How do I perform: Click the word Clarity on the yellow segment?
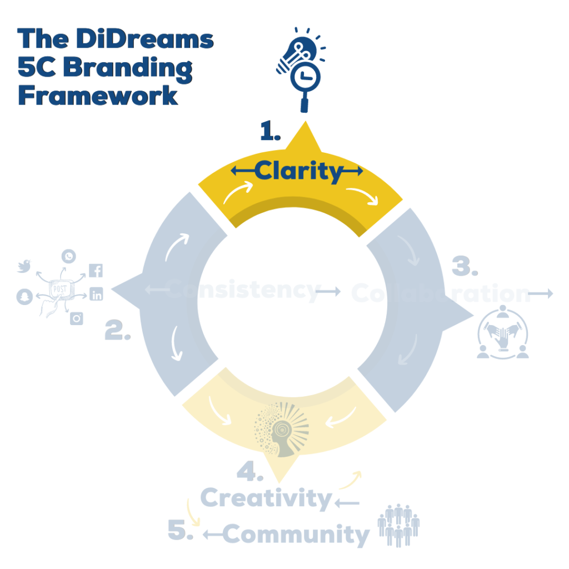pos(298,172)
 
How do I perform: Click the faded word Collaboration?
pos(441,293)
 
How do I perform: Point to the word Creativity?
pos(266,498)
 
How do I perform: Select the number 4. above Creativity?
pos(249,473)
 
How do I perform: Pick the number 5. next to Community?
pos(181,531)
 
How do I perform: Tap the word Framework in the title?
pos(98,95)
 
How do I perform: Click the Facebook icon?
pos(96,271)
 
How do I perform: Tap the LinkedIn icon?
pos(96,295)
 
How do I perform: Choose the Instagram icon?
pos(77,318)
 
